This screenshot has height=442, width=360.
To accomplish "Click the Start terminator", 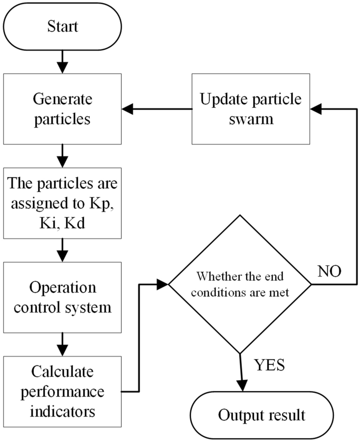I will click(x=63, y=26).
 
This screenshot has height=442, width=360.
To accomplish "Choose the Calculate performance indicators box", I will click(x=63, y=392).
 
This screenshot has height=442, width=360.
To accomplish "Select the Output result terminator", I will click(x=262, y=415).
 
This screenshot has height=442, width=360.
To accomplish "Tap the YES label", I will click(x=270, y=365).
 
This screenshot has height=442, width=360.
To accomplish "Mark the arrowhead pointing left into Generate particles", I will click(x=128, y=110).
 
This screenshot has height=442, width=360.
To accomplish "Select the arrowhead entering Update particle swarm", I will click(x=316, y=110).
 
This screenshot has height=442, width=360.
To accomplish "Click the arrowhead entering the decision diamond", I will click(x=162, y=284).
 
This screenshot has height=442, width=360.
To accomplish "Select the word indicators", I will click(x=63, y=411).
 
